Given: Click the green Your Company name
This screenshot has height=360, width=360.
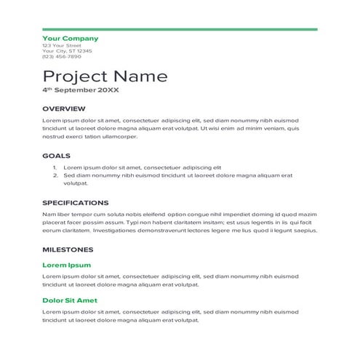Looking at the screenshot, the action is [70, 38].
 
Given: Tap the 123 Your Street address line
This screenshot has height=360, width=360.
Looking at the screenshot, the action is [62, 45].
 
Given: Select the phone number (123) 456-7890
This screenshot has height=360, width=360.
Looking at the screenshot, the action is [62, 57].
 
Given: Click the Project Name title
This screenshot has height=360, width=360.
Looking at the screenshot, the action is [105, 76].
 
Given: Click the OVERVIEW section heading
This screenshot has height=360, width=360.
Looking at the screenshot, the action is [64, 108].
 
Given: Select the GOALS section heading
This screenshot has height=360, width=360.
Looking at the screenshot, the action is [56, 155].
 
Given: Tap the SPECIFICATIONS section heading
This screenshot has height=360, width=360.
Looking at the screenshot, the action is [76, 203].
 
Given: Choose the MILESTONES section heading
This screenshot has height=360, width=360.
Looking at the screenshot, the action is [67, 249].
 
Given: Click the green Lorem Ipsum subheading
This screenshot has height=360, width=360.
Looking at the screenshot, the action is [67, 265].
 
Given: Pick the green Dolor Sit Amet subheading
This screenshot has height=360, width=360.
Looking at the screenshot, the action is [70, 300].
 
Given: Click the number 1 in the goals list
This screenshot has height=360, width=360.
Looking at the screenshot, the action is [55, 167].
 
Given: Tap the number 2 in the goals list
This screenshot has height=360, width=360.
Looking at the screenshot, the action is [55, 175].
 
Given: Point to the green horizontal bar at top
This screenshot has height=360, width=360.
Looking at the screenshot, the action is [180, 29].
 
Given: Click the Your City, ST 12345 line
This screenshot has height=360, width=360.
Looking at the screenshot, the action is [67, 51].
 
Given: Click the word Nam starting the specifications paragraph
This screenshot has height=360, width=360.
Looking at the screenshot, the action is [48, 215].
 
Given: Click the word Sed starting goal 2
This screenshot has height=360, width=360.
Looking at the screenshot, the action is [69, 175].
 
